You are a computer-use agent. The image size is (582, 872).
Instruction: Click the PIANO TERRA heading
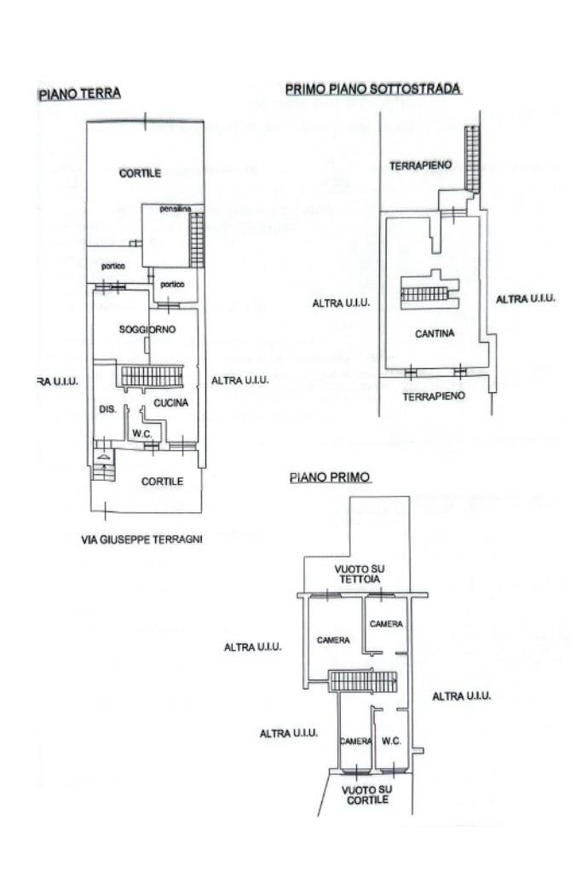(80, 93)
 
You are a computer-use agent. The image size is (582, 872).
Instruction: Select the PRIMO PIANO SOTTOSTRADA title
(373, 88)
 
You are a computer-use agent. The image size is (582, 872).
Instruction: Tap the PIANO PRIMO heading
(330, 477)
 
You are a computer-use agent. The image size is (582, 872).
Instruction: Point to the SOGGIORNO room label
(147, 329)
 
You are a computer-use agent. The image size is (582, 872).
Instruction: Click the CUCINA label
(170, 402)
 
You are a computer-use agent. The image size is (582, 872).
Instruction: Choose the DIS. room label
(107, 410)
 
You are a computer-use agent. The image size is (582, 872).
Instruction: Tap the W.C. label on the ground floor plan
(141, 433)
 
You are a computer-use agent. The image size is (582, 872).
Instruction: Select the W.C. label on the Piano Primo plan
(392, 741)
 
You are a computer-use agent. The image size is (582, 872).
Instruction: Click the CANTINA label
(434, 334)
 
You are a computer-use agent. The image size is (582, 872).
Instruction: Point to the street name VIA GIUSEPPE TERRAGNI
(141, 539)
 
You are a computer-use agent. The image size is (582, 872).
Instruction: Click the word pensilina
(175, 209)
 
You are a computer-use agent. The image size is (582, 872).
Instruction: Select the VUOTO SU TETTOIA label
(355, 574)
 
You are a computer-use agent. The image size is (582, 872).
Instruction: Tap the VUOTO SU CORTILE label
(367, 794)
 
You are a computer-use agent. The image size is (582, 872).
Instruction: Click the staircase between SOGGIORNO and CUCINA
(152, 375)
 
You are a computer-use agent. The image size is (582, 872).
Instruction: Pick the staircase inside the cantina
(424, 294)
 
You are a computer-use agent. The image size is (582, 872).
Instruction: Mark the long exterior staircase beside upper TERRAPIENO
(470, 159)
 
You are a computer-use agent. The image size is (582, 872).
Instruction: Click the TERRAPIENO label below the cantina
(434, 396)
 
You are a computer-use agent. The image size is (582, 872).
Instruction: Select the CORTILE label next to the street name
(162, 482)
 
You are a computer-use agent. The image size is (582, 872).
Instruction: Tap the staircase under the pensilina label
(197, 239)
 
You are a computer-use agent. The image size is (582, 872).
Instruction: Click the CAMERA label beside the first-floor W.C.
(356, 741)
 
